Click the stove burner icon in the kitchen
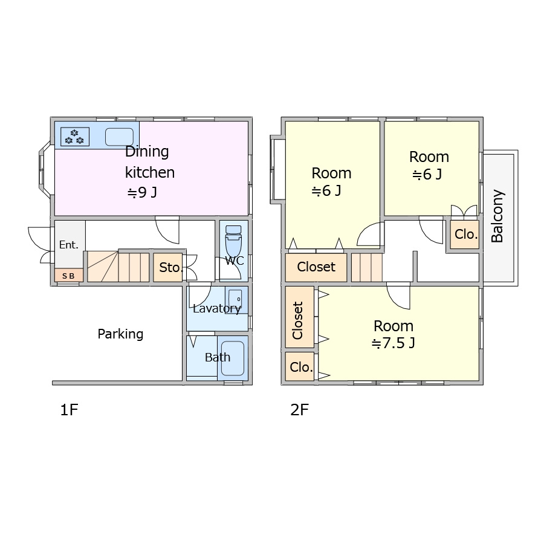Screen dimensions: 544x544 pos(75,137)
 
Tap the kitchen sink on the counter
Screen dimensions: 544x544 pos(119,137)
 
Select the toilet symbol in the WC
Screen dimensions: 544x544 pos(233,241)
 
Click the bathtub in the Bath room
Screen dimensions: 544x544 pos(233,358)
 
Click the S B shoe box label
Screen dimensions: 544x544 pos(68,276)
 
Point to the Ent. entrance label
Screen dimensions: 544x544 pos(69,245)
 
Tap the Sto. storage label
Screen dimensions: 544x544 pos(170,268)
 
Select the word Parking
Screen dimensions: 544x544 pos(120,334)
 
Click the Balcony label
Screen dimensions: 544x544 pos(497,216)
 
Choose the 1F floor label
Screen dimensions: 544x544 pos(69,410)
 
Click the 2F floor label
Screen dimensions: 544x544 pos(299,410)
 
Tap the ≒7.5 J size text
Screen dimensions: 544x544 pos(393,343)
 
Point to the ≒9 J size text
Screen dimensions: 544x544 pos(142,192)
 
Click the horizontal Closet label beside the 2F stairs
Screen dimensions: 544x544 pos(316,267)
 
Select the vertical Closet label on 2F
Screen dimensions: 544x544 pos(297,320)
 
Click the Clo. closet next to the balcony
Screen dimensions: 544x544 pos(466,235)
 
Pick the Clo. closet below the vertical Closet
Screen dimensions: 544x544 pos(301,367)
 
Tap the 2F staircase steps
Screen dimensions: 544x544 pos(367,268)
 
